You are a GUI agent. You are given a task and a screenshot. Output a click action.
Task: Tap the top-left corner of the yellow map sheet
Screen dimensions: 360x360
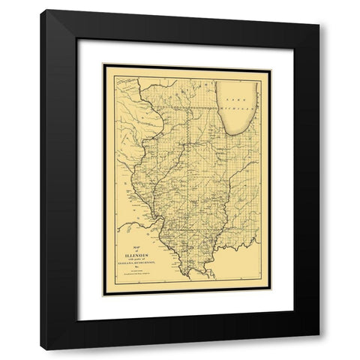click(104, 66)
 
